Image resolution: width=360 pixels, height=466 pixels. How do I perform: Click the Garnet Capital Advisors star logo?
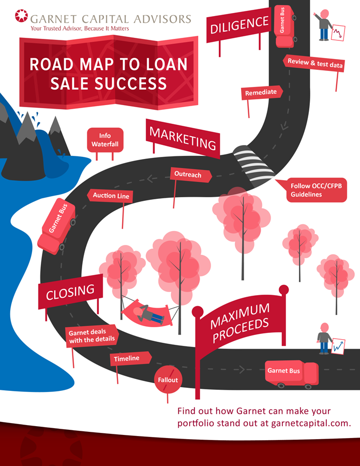22,17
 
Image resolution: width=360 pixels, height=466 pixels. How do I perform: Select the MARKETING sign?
183,138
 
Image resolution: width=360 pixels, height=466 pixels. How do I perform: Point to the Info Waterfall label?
105,140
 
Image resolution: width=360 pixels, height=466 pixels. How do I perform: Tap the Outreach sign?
189,175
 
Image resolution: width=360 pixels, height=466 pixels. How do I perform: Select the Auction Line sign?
111,196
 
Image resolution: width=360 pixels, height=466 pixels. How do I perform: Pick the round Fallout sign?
168,380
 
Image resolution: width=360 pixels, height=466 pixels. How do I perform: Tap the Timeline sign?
129,358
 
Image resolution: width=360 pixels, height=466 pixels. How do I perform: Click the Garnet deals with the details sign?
91,336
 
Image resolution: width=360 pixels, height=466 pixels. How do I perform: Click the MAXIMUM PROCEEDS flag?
239,323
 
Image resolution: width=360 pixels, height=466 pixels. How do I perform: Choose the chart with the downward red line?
339,33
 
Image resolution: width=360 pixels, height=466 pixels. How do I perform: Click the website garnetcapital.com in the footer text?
311,423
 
